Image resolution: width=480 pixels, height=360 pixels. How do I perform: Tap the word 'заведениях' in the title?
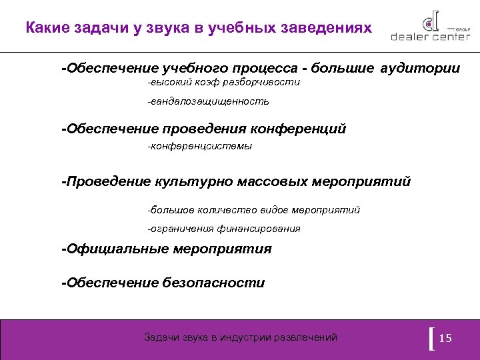(321, 29)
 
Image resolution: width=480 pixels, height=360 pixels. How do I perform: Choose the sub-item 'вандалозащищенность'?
(209, 102)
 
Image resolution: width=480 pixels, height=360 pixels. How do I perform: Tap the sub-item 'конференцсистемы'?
(201, 146)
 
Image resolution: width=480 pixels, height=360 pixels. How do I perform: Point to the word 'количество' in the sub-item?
(228, 210)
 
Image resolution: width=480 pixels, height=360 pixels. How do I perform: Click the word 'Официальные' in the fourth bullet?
(116, 249)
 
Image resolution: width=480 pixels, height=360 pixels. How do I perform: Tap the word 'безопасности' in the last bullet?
(213, 283)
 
